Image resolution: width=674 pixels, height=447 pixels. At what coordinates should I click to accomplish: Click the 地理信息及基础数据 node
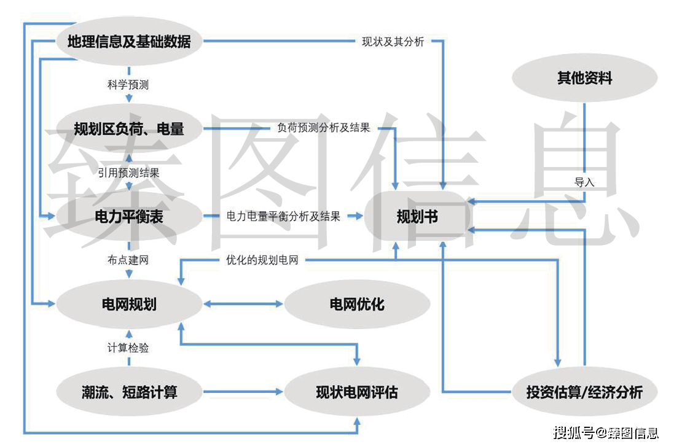click(x=129, y=42)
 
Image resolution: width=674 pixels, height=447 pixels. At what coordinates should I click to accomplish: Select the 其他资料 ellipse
click(x=584, y=78)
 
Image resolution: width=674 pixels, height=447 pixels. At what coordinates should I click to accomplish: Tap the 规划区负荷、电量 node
click(x=129, y=129)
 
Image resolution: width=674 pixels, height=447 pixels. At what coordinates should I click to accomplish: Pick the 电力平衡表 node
click(x=129, y=216)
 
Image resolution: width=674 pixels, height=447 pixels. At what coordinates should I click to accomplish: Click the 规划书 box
click(x=417, y=216)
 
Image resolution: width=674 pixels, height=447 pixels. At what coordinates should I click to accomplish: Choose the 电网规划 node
click(x=129, y=304)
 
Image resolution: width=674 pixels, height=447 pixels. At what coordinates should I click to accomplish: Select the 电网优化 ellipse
click(x=357, y=304)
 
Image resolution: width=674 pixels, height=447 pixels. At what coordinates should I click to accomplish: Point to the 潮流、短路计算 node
click(x=129, y=392)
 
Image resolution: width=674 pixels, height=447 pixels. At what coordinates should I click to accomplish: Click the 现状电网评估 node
click(x=357, y=392)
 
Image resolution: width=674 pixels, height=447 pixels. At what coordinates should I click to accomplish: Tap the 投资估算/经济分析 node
click(x=584, y=392)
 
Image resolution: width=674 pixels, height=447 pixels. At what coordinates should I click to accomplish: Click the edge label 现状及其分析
click(x=393, y=42)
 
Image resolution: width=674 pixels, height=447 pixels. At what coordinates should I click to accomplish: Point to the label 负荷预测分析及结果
click(x=324, y=129)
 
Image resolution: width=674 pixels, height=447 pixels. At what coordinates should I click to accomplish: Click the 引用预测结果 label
click(x=128, y=173)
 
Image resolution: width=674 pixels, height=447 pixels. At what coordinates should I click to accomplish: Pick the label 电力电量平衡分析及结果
click(x=283, y=216)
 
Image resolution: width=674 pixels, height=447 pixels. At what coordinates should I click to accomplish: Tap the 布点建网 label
click(x=128, y=260)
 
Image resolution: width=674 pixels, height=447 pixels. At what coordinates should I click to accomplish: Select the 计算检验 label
click(x=128, y=348)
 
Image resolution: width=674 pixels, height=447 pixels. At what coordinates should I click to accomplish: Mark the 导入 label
click(x=584, y=182)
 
